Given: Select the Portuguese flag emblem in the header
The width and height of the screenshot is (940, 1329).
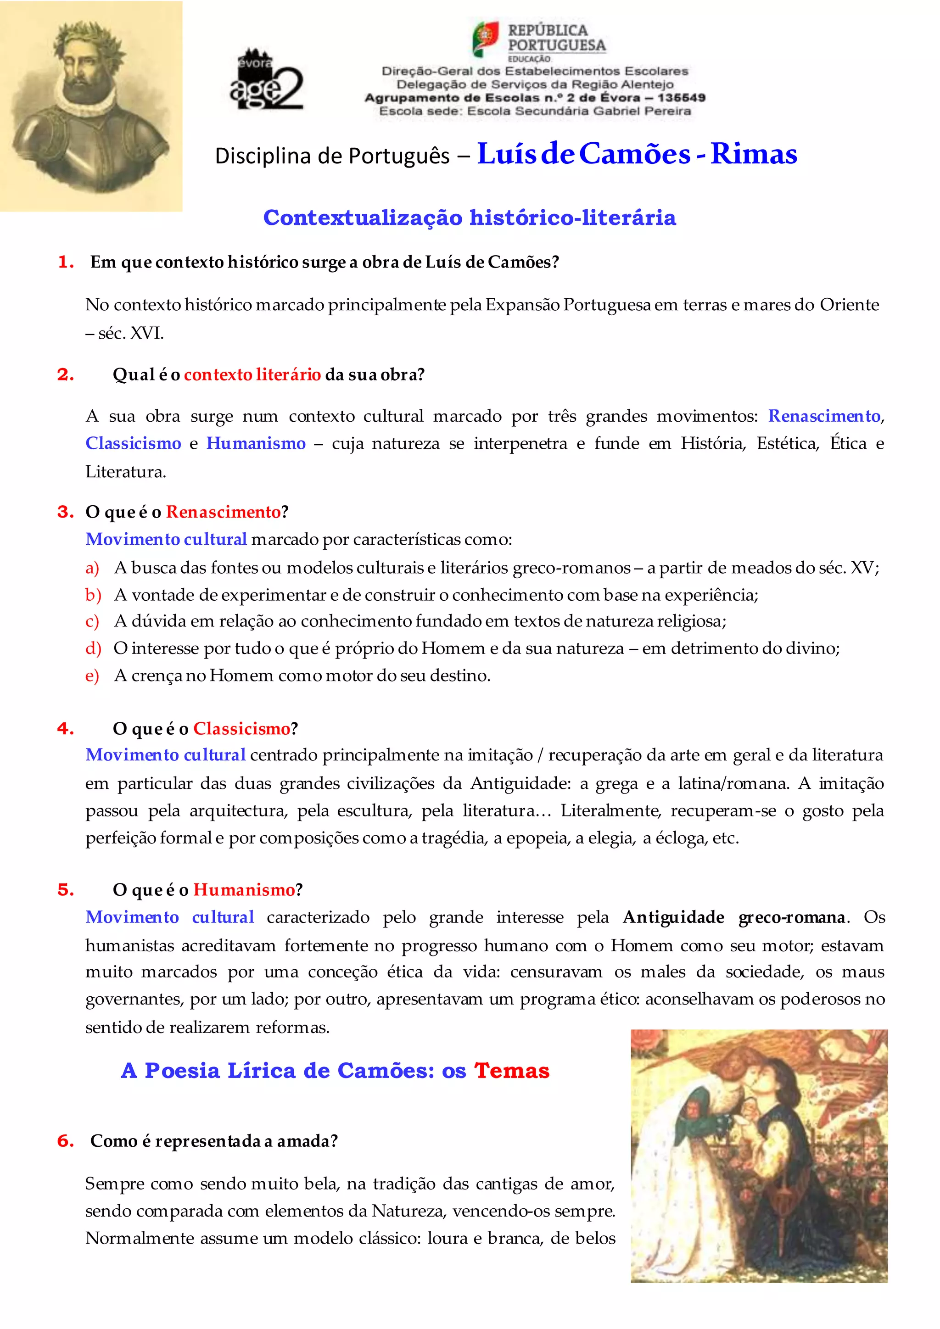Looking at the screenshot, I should pos(486,39).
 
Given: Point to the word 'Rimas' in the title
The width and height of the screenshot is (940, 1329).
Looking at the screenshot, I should pos(754,154).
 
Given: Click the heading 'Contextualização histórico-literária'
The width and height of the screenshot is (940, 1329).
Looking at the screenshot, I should pos(470,218).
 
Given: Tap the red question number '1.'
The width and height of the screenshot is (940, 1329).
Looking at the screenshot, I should pos(66,262).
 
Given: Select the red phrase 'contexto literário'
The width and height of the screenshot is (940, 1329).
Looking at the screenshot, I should pos(252,374).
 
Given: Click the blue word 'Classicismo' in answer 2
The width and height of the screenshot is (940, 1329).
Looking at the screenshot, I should pos(133,443).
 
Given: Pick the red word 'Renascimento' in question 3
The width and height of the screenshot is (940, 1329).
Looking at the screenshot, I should pos(223,512).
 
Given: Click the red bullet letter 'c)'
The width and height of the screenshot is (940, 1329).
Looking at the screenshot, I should pos(92,621).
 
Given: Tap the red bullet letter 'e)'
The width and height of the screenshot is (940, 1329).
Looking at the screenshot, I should pos(92,676).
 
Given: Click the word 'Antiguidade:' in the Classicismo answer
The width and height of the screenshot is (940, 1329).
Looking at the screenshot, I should pos(520,783).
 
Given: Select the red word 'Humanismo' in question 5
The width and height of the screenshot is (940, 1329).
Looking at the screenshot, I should pos(244,890).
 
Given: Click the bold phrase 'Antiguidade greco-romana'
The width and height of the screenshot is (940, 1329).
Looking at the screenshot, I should pos(734,917).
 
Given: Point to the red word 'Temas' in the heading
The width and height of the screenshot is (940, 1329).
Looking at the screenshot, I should pos(512,1071).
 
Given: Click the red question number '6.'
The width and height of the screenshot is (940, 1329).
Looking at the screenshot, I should pos(66,1141).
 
